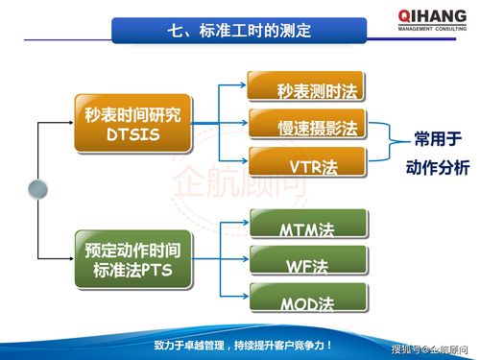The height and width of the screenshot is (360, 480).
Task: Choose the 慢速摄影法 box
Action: click(x=306, y=127)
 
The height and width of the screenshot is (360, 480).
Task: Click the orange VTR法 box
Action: click(x=306, y=164)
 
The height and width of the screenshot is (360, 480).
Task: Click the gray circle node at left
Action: click(x=38, y=188)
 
